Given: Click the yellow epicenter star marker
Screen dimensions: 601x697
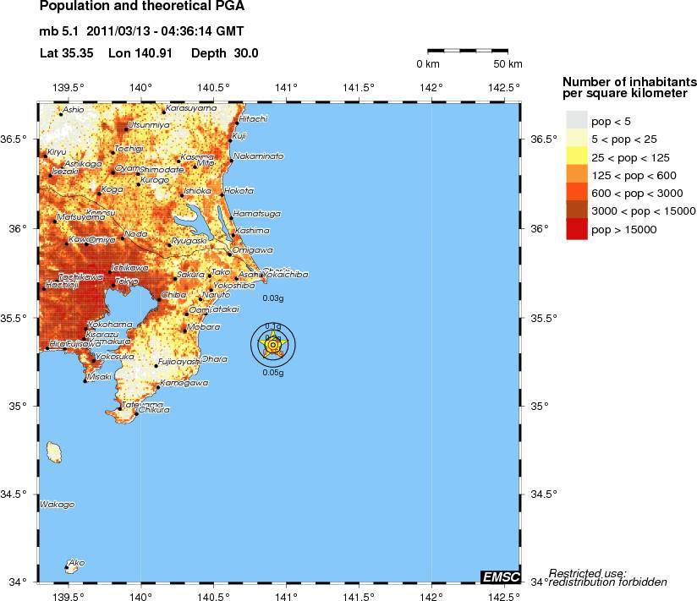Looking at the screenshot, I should (x=273, y=345).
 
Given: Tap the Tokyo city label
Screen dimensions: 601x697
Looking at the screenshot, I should (x=127, y=281).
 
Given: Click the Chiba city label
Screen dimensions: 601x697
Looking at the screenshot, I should (x=173, y=295).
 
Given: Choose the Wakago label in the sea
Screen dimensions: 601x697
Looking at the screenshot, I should (x=57, y=505).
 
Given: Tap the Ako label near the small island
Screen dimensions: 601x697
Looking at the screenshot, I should (x=76, y=562).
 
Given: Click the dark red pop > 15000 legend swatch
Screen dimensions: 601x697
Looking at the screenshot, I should (x=576, y=229).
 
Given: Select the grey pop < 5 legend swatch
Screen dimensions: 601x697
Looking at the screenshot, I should (x=576, y=123).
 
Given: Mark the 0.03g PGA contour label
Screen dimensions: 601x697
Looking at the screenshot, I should (x=272, y=298).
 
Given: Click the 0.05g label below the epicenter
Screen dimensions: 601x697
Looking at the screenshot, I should (x=272, y=373).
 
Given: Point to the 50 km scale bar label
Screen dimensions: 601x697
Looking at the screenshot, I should (x=508, y=64).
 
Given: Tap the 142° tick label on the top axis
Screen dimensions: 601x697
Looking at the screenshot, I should (x=431, y=87).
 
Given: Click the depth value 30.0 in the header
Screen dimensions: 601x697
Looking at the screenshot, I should (x=244, y=53).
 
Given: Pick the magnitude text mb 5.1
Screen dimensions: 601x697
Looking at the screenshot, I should (x=58, y=32).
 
